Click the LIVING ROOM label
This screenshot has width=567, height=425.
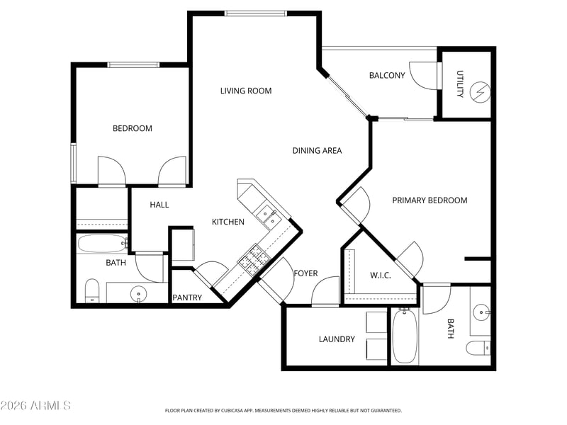[246, 91]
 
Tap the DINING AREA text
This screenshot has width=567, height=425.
[317, 150]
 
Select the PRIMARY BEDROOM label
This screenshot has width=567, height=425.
[430, 200]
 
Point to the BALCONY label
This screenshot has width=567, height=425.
[387, 75]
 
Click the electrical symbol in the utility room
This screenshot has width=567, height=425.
[481, 92]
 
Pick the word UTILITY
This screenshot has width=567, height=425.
[459, 84]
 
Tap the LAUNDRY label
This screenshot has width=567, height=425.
[337, 339]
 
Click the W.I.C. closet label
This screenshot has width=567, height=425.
[381, 276]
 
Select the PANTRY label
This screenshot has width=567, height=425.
[187, 297]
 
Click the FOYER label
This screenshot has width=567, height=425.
[306, 273]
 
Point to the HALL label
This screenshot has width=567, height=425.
[159, 205]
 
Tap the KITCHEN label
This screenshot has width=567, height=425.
[228, 222]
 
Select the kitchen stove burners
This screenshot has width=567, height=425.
[254, 259]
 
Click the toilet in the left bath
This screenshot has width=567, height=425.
[92, 290]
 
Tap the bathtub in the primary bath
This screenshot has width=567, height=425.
[405, 336]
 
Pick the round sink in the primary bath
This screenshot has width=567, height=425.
[482, 312]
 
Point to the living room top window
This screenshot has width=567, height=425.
[255, 13]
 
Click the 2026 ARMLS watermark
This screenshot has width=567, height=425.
[35, 405]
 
